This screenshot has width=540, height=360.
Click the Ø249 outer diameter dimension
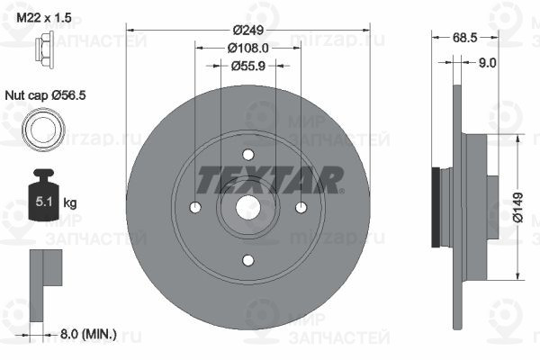point(248,30)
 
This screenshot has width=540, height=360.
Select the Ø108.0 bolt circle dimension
point(248,48)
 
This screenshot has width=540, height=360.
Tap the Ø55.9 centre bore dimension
point(248,66)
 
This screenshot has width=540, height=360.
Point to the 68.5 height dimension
point(464,38)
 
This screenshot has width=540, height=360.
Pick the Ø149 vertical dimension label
point(517,207)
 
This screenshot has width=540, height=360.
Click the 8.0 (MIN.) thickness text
point(88,334)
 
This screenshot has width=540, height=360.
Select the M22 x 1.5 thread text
point(44,17)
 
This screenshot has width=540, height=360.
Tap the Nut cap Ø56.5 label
point(45,95)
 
